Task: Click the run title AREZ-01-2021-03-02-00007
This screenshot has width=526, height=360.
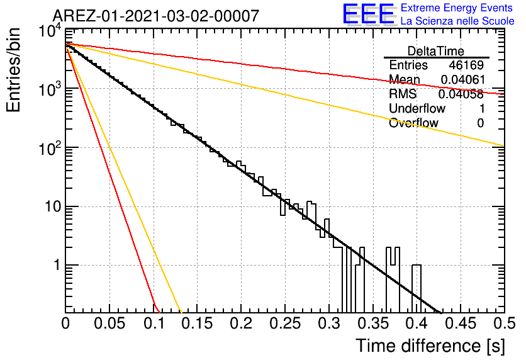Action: pos(156,16)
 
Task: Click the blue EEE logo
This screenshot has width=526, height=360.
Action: pos(368,14)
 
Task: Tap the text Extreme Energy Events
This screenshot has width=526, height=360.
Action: pos(457,8)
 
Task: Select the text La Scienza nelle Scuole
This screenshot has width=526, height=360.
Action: pos(457,21)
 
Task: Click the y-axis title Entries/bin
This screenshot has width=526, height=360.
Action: pos(14,70)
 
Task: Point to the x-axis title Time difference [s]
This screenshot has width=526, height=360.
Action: pos(430,346)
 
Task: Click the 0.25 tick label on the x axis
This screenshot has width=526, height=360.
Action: pos(285,323)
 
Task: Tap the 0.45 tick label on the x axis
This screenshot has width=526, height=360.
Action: pos(461,323)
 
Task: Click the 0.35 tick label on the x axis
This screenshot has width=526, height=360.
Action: pos(373,323)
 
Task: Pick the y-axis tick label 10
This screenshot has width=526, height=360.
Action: pos(53,206)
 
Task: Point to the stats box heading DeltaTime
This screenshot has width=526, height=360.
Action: pos(436,51)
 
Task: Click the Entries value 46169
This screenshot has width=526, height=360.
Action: pos(466,65)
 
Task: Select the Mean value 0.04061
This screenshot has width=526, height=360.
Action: pos(463,79)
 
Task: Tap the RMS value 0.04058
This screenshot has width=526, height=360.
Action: pos(461,94)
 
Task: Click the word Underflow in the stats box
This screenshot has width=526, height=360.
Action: pos(417,108)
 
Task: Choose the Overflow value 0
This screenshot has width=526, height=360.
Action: pos(480,123)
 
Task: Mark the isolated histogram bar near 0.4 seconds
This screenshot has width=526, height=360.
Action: pos(417,288)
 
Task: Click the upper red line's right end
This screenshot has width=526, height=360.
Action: pos(504,94)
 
